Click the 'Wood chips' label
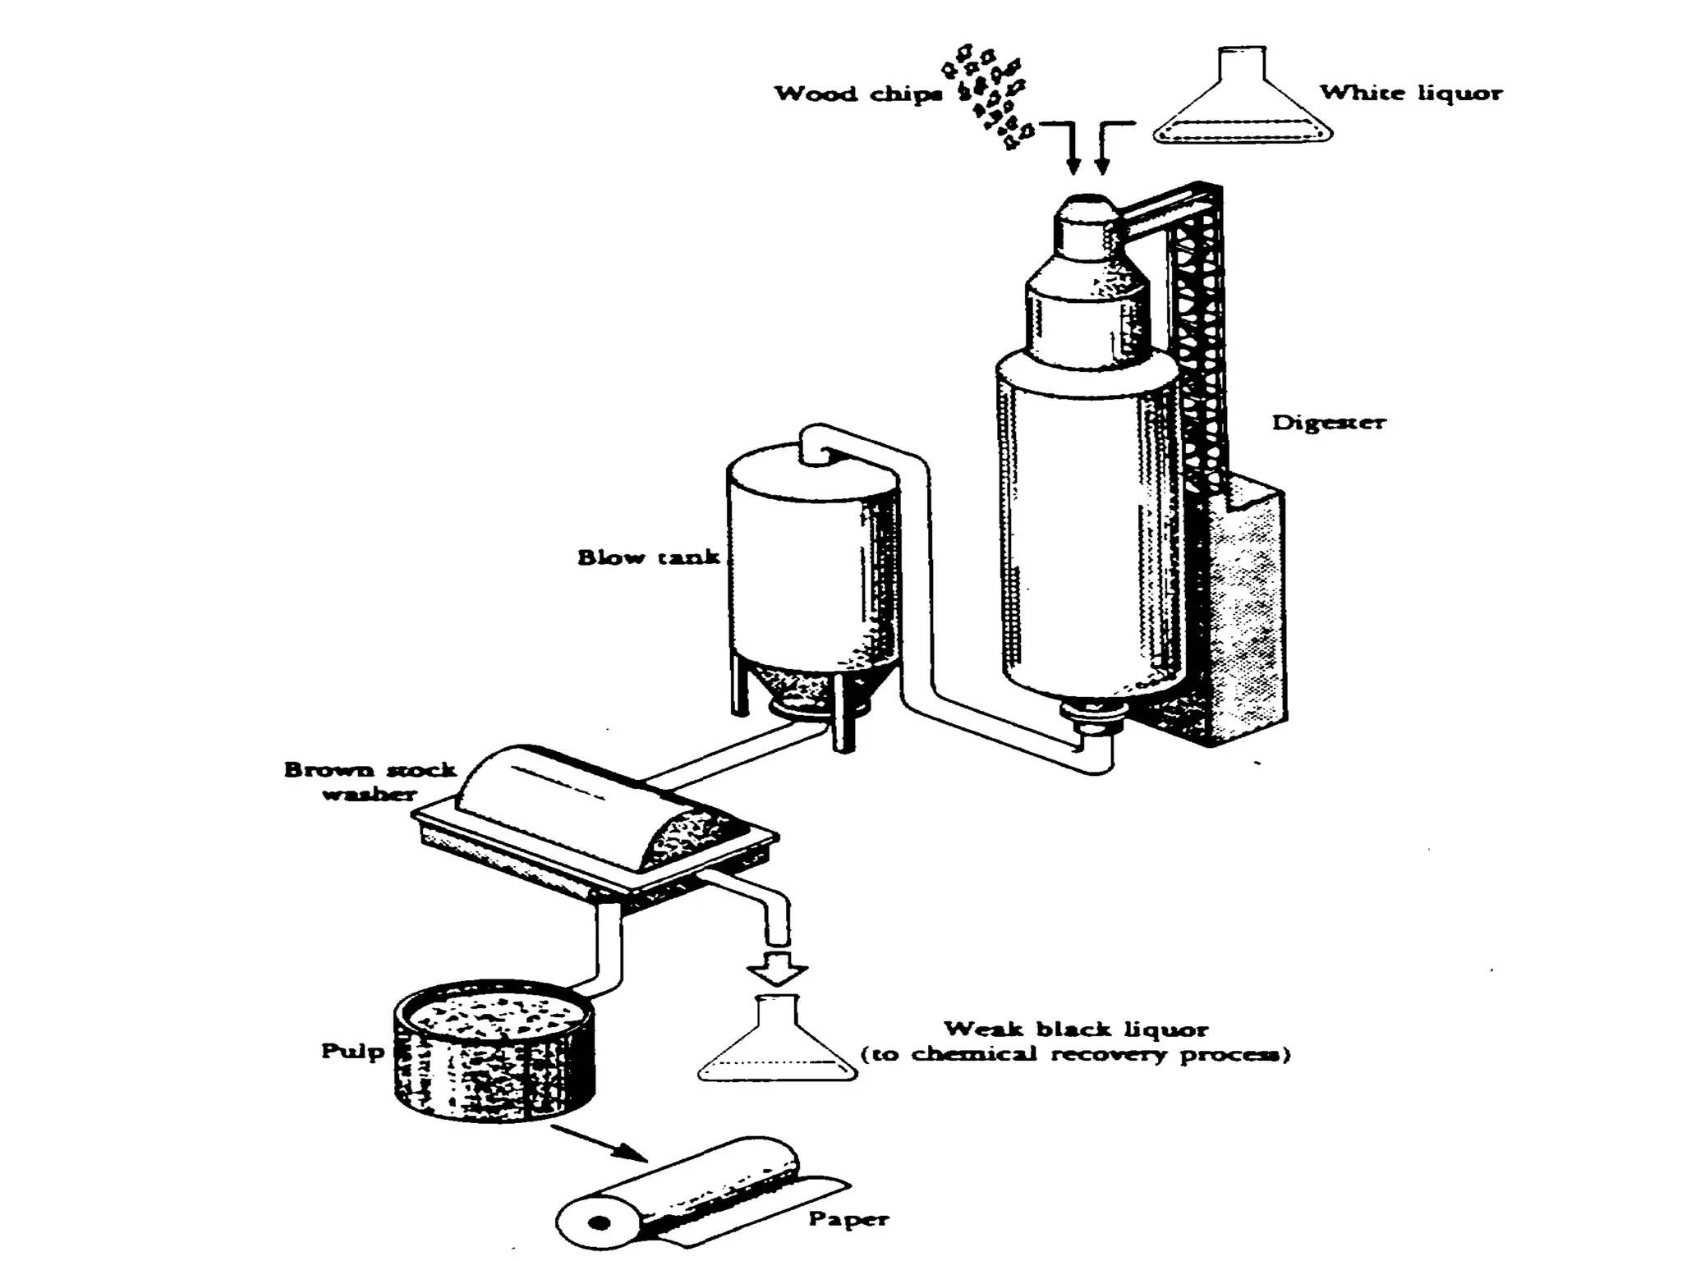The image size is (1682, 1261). coord(858,94)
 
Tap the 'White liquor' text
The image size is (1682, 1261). coord(1411,93)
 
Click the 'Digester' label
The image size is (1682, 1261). coord(1328,422)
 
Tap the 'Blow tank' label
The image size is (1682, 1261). coord(648,557)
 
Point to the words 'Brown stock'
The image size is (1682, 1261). coord(370,770)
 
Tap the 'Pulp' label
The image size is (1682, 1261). coord(352,1051)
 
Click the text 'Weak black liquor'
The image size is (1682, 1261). coord(1076,1029)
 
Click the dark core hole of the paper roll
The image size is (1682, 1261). coord(600,1224)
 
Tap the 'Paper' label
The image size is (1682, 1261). coord(848,1218)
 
